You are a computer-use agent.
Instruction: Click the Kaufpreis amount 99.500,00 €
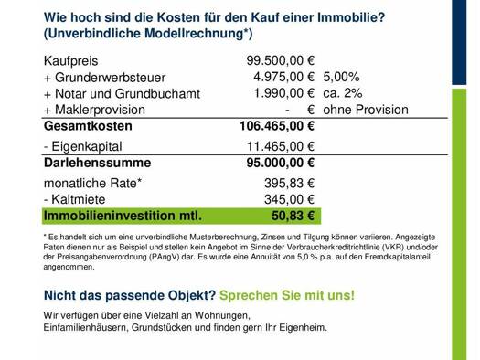[281, 60]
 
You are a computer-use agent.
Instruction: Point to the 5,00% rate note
[341, 77]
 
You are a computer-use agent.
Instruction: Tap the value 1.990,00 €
[284, 93]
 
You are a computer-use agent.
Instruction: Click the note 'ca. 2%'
[343, 93]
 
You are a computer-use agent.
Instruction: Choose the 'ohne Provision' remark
[366, 110]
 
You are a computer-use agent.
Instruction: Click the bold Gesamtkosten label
[88, 126]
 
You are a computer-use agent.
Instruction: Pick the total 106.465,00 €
[277, 126]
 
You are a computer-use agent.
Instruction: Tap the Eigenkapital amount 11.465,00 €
[281, 146]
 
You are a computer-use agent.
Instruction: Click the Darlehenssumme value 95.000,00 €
[281, 163]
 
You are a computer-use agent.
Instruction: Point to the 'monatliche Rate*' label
[92, 184]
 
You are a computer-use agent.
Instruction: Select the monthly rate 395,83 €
[289, 184]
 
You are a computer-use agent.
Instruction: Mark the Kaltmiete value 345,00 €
[289, 199]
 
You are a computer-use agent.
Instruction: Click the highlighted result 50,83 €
[293, 216]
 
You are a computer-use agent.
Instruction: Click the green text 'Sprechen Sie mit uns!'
[287, 295]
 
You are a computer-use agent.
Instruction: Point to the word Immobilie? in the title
[351, 17]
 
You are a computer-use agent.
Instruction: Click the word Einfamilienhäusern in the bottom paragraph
[86, 328]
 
